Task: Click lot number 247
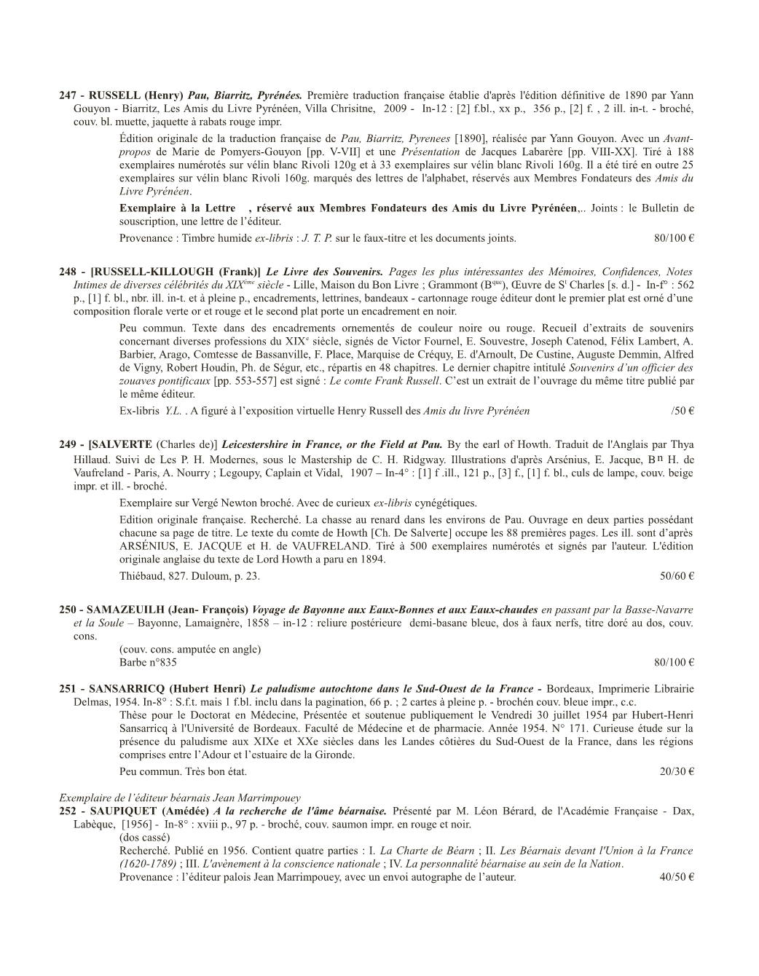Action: point(68,95)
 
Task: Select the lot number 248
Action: point(68,272)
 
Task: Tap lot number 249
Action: point(68,444)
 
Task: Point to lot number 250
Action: point(68,610)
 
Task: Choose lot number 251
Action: point(68,688)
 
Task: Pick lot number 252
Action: point(68,811)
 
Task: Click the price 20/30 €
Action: point(677,771)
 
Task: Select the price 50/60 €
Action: point(677,576)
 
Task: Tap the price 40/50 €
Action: point(677,877)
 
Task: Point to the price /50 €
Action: point(683,411)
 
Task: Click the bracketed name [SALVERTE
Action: point(120,444)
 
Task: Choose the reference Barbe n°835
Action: point(148,662)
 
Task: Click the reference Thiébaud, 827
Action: point(154,576)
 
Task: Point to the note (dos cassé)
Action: point(144,838)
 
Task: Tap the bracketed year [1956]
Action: point(136,825)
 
